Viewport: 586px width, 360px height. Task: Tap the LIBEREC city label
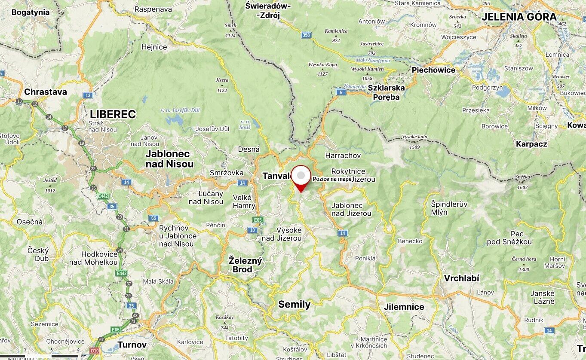tap(113, 114)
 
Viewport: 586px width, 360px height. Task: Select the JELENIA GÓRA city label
tap(519, 17)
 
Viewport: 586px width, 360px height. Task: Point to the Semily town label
tap(294, 305)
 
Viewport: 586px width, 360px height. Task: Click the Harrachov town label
tap(343, 155)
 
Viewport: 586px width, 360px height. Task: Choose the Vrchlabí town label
tap(461, 278)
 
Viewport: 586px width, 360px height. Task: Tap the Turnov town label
tap(132, 345)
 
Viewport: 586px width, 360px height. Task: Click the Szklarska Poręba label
tap(384, 92)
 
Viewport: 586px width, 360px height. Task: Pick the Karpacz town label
tap(531, 144)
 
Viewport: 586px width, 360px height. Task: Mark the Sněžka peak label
tap(522, 177)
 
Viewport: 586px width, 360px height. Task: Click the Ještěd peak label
tap(50, 180)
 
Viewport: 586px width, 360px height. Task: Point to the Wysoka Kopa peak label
tap(322, 65)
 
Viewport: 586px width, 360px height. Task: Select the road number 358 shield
tap(306, 35)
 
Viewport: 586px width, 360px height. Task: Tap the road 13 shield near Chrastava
tap(88, 95)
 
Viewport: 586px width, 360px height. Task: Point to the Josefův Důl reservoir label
tap(180, 110)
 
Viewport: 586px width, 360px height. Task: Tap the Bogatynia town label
tap(30, 12)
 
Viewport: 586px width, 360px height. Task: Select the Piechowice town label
tap(433, 70)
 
